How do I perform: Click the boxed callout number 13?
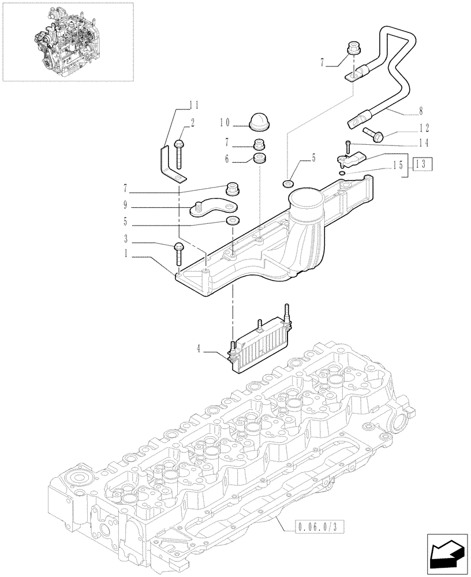pyautogui.click(x=422, y=164)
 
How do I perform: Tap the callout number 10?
pyautogui.click(x=225, y=122)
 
